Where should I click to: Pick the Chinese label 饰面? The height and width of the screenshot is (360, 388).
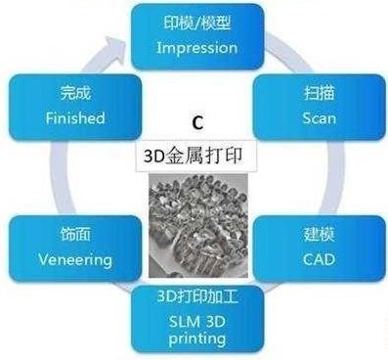[61, 238]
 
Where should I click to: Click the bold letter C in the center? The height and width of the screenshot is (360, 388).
[196, 125]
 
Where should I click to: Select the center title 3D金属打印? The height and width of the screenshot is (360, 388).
[195, 156]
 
